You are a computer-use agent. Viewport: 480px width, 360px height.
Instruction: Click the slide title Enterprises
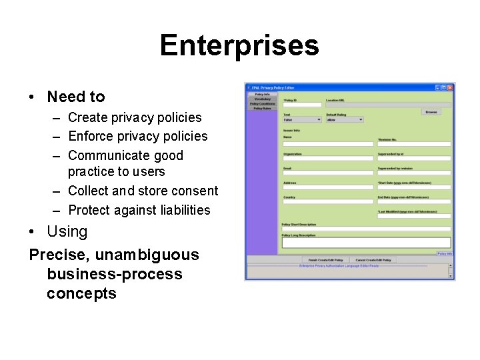click(x=239, y=46)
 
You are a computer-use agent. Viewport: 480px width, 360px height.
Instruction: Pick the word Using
click(x=67, y=232)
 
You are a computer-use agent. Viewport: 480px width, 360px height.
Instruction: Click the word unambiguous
click(x=147, y=255)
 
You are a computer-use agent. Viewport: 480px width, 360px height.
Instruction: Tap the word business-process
click(x=115, y=274)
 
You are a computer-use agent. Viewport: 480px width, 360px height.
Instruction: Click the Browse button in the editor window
click(x=431, y=112)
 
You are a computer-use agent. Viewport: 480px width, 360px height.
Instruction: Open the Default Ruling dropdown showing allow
click(x=344, y=120)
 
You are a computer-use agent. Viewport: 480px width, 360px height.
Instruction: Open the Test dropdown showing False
click(x=301, y=120)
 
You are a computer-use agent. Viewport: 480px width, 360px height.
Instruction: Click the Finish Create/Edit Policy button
click(x=325, y=260)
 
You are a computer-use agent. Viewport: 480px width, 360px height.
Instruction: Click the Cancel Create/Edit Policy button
click(x=373, y=260)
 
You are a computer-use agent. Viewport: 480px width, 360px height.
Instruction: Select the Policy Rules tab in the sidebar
click(x=262, y=109)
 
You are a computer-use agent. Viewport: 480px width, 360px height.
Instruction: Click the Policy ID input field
click(x=302, y=105)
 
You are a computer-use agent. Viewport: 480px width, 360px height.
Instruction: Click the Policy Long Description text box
click(x=366, y=243)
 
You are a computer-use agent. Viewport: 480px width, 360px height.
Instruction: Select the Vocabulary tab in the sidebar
click(x=262, y=99)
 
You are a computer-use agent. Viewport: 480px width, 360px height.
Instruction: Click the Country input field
click(x=328, y=202)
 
